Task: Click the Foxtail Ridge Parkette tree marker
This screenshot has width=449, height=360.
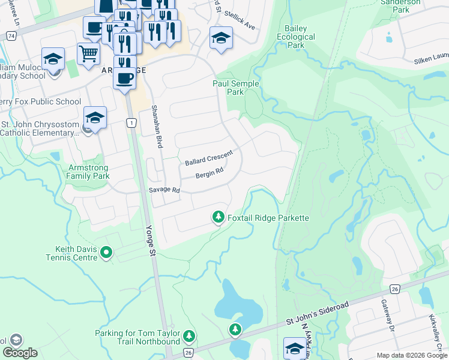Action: tap(218, 217)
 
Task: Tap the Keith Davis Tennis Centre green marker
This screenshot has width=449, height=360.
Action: tap(106, 253)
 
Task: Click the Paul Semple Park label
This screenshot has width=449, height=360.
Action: tap(236, 88)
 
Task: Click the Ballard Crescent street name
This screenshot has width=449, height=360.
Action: tap(208, 159)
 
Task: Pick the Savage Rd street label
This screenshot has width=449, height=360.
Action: tap(164, 190)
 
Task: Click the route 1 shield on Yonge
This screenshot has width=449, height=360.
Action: tap(130, 122)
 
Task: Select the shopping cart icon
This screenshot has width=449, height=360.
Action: tap(88, 53)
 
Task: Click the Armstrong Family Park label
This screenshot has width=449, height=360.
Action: tap(89, 172)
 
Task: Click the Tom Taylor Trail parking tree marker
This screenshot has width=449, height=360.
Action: tap(190, 335)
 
